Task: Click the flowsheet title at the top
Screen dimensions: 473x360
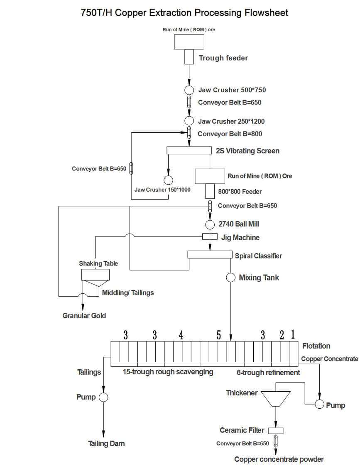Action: (x=184, y=13)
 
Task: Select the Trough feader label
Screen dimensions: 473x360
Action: (x=223, y=58)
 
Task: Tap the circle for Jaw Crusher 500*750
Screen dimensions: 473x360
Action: (x=189, y=90)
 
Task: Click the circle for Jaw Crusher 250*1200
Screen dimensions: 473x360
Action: (x=189, y=121)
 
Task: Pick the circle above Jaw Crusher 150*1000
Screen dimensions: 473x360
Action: (x=168, y=180)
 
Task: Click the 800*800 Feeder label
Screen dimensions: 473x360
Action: (x=240, y=192)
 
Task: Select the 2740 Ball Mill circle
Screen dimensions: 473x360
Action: (x=210, y=224)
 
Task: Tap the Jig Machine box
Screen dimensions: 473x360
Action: (x=210, y=236)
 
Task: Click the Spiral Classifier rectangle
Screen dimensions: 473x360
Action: (x=210, y=254)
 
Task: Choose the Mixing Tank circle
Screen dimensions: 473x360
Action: (x=230, y=278)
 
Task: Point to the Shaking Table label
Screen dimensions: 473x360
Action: (x=98, y=263)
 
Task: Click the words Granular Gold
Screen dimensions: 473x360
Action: (x=84, y=316)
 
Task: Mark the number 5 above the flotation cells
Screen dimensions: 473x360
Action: (x=219, y=335)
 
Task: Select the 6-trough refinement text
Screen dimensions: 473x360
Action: (x=268, y=373)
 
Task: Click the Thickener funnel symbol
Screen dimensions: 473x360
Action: (x=276, y=398)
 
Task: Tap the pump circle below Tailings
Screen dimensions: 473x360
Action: (x=103, y=397)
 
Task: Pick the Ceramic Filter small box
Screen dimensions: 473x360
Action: (x=275, y=430)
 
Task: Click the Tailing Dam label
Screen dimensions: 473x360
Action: (x=106, y=444)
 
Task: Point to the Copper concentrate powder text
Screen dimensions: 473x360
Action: (x=279, y=459)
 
